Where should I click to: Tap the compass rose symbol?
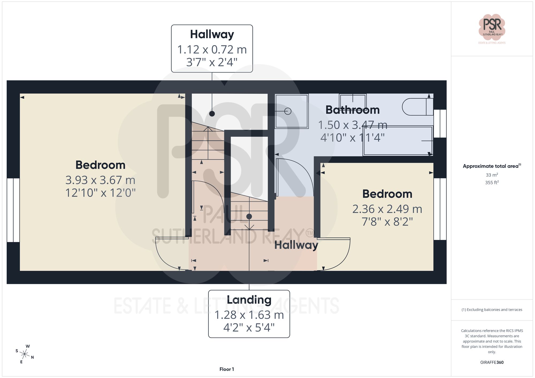pyautogui.click(x=25, y=354)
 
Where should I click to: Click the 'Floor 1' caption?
pyautogui.click(x=227, y=369)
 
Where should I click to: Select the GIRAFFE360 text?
pyautogui.click(x=492, y=362)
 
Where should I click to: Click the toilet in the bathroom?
pyautogui.click(x=417, y=107)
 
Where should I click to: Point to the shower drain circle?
pyautogui.click(x=288, y=111)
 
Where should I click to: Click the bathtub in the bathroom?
pyautogui.click(x=398, y=141)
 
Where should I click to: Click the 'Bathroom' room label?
pyautogui.click(x=353, y=110)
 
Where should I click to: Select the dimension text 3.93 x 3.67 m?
pyautogui.click(x=100, y=180)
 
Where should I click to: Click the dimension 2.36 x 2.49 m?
pyautogui.click(x=387, y=209)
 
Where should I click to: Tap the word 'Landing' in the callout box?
pyautogui.click(x=249, y=300)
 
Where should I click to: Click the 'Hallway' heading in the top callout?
pyautogui.click(x=212, y=34)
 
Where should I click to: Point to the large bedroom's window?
pyautogui.click(x=13, y=210)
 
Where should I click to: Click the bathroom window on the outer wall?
pyautogui.click(x=440, y=123)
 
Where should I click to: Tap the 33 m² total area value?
pyautogui.click(x=492, y=175)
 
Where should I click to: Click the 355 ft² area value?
pyautogui.click(x=492, y=182)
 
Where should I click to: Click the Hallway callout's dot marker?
pyautogui.click(x=212, y=114)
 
